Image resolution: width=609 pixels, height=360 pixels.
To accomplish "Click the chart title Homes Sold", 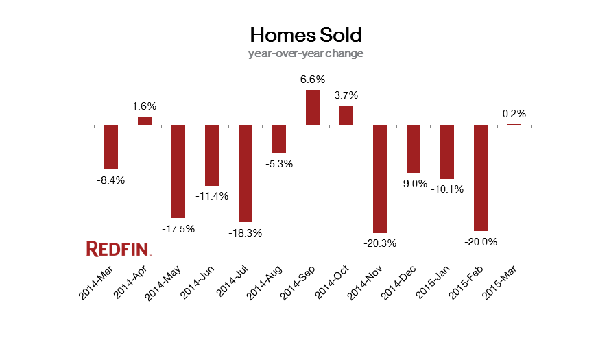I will pyautogui.click(x=305, y=34).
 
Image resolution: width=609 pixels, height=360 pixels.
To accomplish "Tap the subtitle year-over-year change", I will pyautogui.click(x=305, y=53).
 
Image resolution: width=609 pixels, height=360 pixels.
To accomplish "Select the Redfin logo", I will pyautogui.click(x=118, y=248).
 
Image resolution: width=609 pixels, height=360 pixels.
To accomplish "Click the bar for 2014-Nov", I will pyautogui.click(x=379, y=179).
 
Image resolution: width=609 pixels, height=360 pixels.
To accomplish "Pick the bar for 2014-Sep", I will pyautogui.click(x=312, y=108).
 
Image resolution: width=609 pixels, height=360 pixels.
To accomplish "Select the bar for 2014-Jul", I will pyautogui.click(x=246, y=173).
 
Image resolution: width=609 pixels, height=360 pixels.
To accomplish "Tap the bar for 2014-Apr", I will pyautogui.click(x=145, y=121).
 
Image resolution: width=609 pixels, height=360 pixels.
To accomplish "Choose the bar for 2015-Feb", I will pyautogui.click(x=480, y=178).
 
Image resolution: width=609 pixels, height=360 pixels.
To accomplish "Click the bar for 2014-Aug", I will pyautogui.click(x=279, y=139).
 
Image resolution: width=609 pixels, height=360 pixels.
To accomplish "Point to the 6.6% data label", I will pyautogui.click(x=312, y=80).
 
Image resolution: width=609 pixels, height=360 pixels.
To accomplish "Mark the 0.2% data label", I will pyautogui.click(x=514, y=114).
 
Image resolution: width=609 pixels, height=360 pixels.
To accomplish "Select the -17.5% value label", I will pyautogui.click(x=178, y=228).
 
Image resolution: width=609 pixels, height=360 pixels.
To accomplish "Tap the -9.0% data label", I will pyautogui.click(x=413, y=183).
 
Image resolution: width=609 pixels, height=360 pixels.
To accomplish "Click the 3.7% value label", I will pyautogui.click(x=346, y=95).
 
